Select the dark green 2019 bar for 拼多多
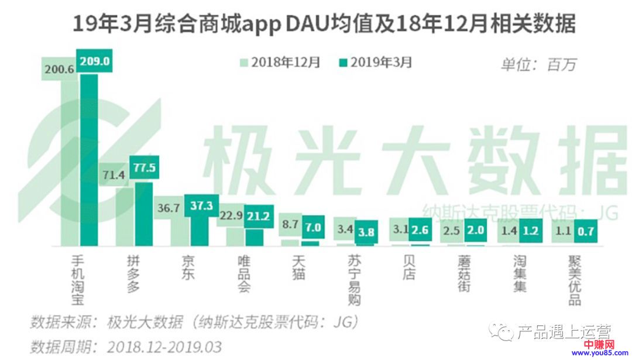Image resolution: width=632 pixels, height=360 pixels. click(x=144, y=214)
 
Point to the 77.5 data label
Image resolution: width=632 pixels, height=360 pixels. click(x=145, y=169)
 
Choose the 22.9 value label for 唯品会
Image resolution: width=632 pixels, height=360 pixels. click(x=231, y=216)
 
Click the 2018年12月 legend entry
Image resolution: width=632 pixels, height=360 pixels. click(x=280, y=63)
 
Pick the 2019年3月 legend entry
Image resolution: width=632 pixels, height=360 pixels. click(x=375, y=63)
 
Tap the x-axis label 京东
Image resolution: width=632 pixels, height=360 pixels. click(x=187, y=266)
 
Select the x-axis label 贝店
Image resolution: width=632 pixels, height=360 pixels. click(x=408, y=266)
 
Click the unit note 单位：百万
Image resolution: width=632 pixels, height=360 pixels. click(x=538, y=64)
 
